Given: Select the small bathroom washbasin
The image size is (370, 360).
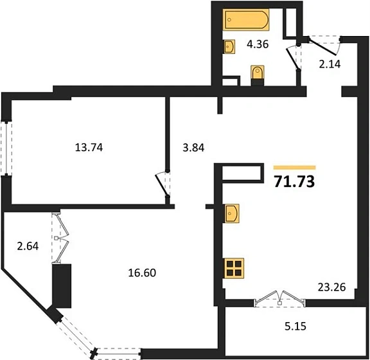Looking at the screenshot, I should pyautogui.click(x=229, y=46).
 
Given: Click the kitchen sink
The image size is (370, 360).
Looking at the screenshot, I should pyautogui.click(x=233, y=213).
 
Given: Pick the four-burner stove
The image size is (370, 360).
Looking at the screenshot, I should pyautogui.click(x=235, y=268).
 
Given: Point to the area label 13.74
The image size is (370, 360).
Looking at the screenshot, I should pyautogui.click(x=89, y=147).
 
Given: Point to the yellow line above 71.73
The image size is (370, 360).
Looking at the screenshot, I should pyautogui.click(x=295, y=167).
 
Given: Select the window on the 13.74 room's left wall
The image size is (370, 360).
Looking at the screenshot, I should pyautogui.click(x=5, y=147).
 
